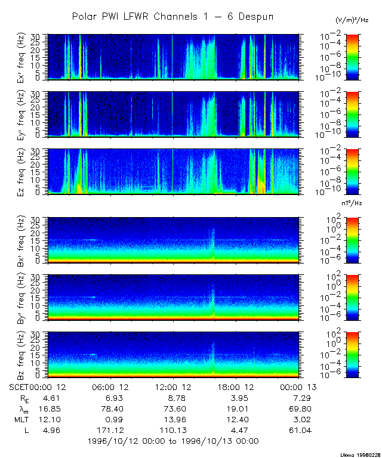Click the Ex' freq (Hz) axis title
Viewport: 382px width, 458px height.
[x=21, y=57]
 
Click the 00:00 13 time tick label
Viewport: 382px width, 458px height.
[x=297, y=387]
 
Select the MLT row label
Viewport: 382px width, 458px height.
[x=21, y=419]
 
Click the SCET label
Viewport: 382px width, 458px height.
[x=19, y=387]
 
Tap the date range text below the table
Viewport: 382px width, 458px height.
[x=173, y=441]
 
